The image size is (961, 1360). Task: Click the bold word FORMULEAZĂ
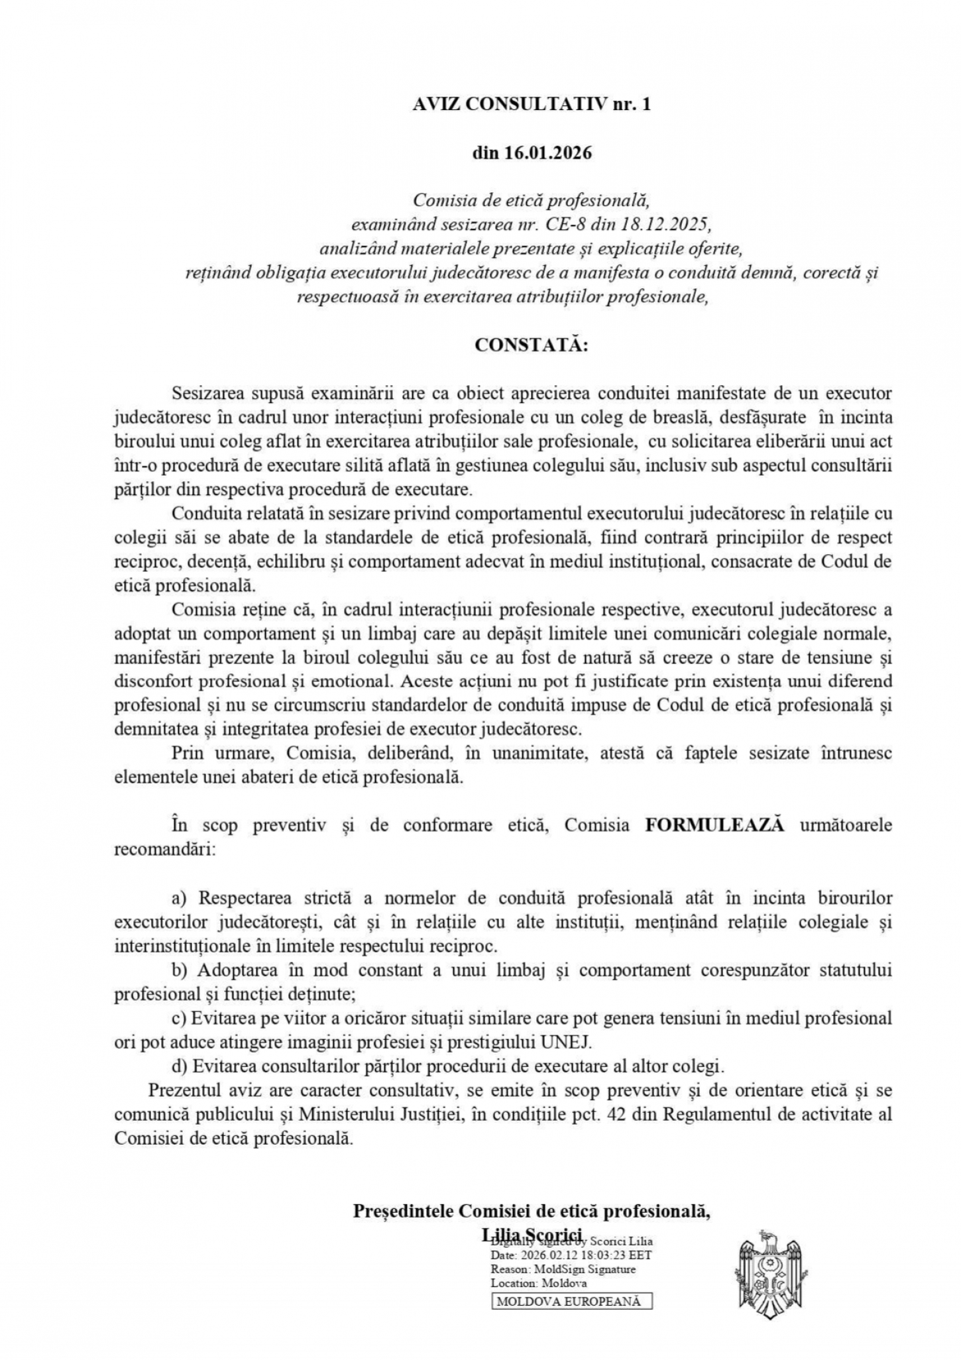pyautogui.click(x=714, y=825)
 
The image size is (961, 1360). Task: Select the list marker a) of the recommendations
pyautogui.click(x=180, y=898)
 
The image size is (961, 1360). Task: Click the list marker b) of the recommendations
pyautogui.click(x=180, y=970)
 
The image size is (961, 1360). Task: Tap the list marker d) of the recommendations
pyautogui.click(x=180, y=1066)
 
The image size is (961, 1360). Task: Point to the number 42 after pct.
pyautogui.click(x=618, y=1114)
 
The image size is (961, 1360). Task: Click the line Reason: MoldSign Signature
pyautogui.click(x=563, y=1269)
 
